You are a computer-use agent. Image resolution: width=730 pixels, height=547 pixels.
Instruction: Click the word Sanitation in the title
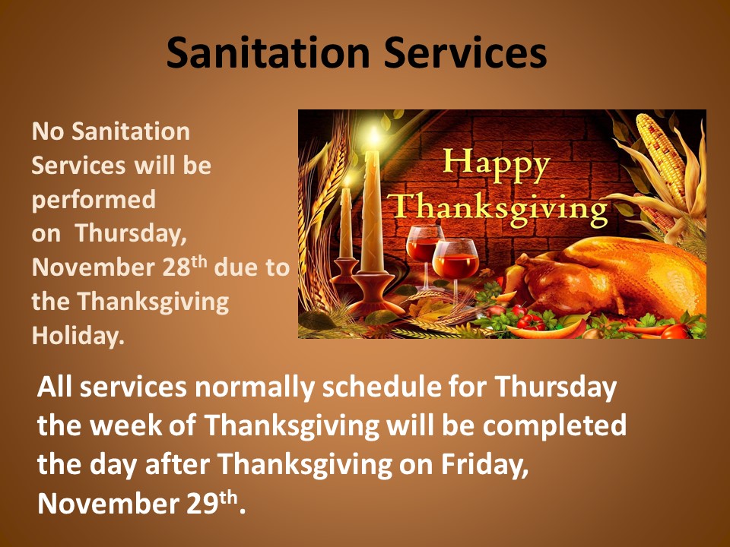[x=268, y=52]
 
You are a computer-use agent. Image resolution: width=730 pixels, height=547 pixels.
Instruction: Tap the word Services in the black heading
[x=465, y=52]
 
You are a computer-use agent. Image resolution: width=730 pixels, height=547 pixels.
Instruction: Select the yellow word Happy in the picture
[x=497, y=165]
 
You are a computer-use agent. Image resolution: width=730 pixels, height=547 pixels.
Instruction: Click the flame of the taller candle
[x=373, y=135]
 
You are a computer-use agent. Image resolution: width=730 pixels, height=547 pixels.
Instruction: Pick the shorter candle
[x=346, y=223]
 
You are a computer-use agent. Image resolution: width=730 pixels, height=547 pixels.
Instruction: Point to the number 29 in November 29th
[x=202, y=503]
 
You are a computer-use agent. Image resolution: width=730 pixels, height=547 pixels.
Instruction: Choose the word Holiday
[x=78, y=336]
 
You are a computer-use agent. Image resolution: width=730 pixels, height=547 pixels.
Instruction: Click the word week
[x=126, y=426]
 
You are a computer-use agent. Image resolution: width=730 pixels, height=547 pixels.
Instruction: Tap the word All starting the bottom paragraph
[x=55, y=387]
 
